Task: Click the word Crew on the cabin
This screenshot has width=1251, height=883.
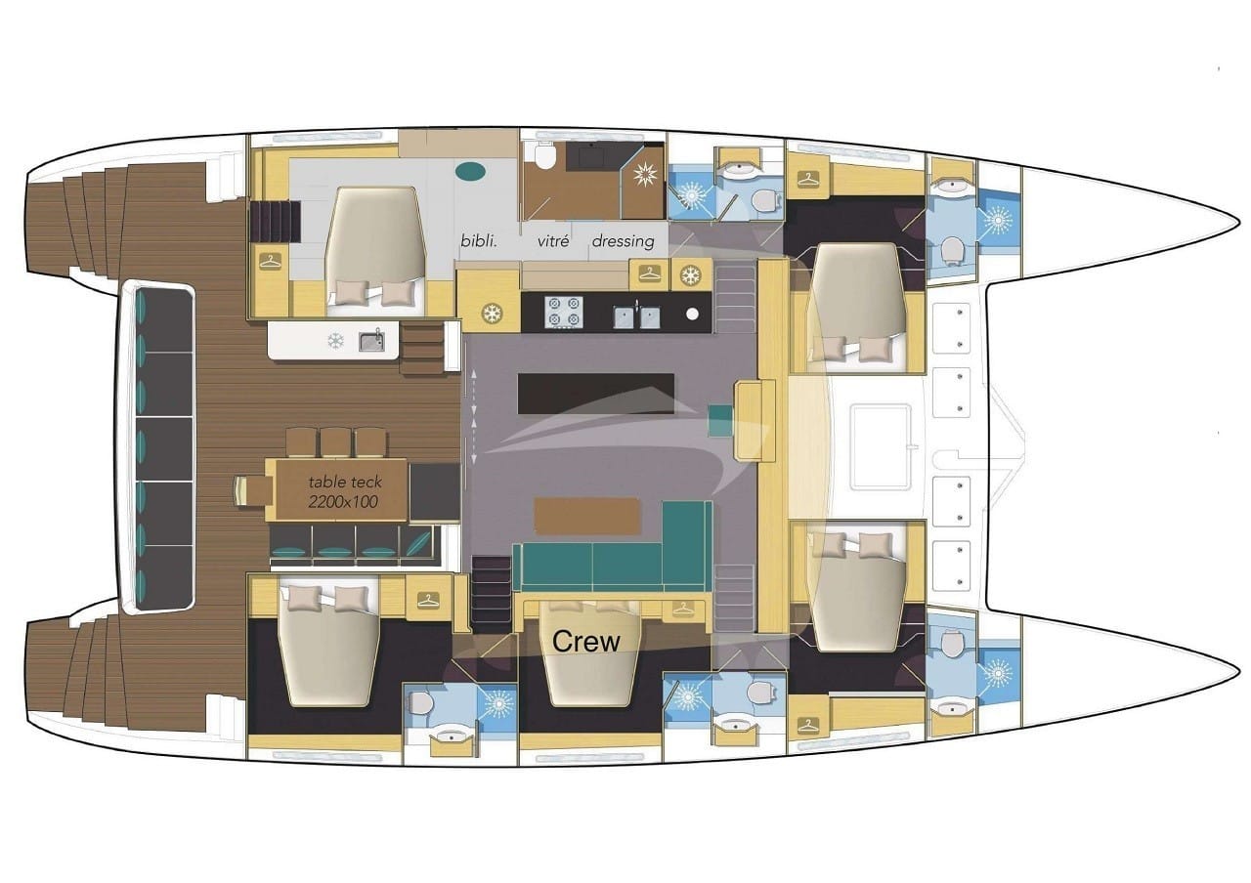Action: pos(586,642)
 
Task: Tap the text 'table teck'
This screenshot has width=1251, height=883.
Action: pos(345,482)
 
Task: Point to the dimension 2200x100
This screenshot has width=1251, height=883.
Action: pos(343,502)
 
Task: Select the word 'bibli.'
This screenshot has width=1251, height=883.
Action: pos(480,240)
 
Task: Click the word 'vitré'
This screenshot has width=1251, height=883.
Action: pos(552,240)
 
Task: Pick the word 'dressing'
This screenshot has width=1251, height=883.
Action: pos(623,240)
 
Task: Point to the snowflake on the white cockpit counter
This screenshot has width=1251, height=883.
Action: pos(335,341)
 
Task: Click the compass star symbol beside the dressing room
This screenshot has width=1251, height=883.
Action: pos(643,176)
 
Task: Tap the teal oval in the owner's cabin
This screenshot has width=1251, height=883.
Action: pos(471,172)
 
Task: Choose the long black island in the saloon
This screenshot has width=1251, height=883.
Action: pos(595,392)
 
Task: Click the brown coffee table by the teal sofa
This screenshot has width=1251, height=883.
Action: pos(587,516)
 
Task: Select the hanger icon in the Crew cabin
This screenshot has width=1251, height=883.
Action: pos(680,610)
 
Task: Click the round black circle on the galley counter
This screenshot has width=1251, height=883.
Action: pos(693,315)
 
